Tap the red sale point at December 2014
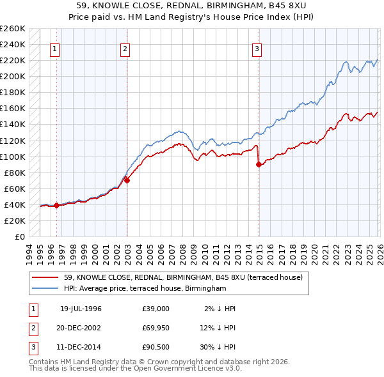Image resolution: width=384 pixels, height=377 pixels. pyautogui.click(x=259, y=164)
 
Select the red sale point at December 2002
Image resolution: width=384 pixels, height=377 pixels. pyautogui.click(x=127, y=180)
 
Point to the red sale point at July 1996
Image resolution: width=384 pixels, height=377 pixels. pyautogui.click(x=56, y=205)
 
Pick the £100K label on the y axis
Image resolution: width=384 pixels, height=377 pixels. pyautogui.click(x=12, y=157)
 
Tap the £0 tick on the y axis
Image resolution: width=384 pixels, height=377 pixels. pyautogui.click(x=19, y=236)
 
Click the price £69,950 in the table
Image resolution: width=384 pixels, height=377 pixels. pyautogui.click(x=156, y=328)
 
